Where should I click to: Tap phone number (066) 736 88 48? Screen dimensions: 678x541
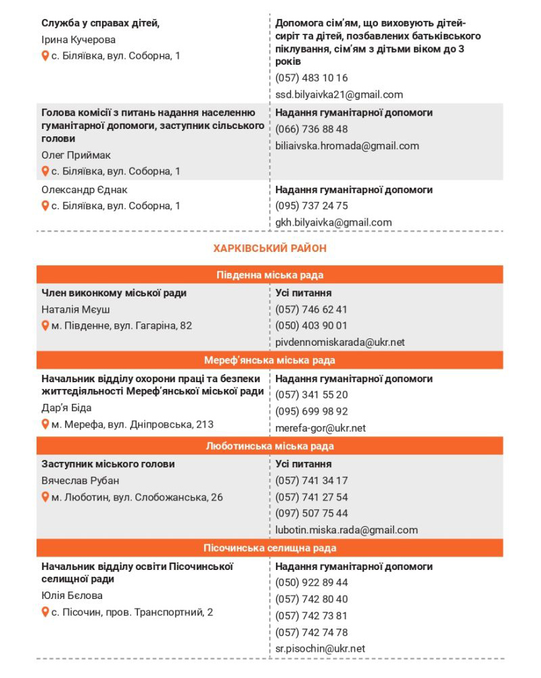click(x=312, y=129)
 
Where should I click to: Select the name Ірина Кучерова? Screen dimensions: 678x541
click(x=78, y=40)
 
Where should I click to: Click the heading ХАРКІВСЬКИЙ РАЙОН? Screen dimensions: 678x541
click(x=270, y=249)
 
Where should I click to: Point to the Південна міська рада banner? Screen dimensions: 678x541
click(x=270, y=275)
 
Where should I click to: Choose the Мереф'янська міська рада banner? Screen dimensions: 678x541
click(x=270, y=361)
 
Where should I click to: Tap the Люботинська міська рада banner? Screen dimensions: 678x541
click(x=270, y=446)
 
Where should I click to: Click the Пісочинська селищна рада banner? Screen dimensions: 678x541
click(x=270, y=548)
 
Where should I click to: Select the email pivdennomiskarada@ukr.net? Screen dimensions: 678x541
click(x=340, y=342)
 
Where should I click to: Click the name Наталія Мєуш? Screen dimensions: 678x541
click(x=76, y=309)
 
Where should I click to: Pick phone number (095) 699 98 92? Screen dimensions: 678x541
click(x=312, y=411)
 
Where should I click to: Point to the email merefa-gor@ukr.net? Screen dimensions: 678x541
click(x=321, y=428)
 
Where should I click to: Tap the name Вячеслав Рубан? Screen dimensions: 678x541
click(x=80, y=481)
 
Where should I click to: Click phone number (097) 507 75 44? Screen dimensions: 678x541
click(x=312, y=514)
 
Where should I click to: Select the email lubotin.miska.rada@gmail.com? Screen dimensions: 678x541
click(x=346, y=530)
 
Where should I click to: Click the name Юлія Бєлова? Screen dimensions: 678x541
click(x=72, y=596)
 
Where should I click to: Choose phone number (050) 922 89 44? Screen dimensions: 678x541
click(x=312, y=583)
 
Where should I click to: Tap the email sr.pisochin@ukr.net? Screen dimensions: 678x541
click(x=320, y=648)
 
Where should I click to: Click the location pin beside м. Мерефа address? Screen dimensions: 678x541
click(x=45, y=424)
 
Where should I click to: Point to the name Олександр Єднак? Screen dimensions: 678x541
click(x=85, y=190)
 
